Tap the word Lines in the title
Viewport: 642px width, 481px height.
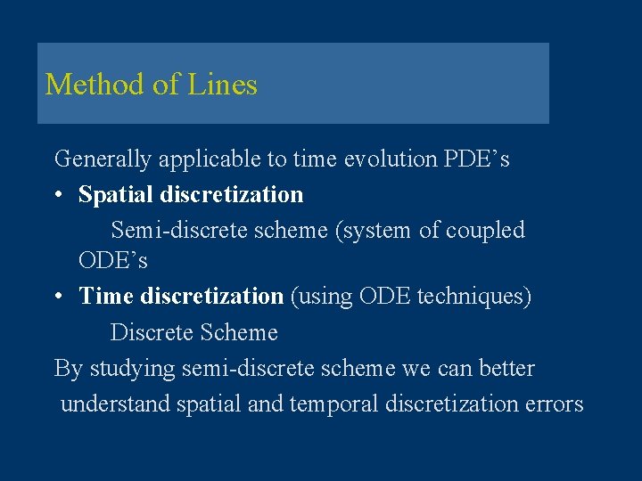pyautogui.click(x=222, y=85)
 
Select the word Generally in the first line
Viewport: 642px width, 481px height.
pyautogui.click(x=103, y=159)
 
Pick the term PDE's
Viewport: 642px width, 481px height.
pyautogui.click(x=476, y=159)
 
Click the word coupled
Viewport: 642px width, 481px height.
pyautogui.click(x=485, y=230)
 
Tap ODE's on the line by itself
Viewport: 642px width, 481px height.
pyautogui.click(x=113, y=261)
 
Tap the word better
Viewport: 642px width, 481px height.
pyautogui.click(x=506, y=368)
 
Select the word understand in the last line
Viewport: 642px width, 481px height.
pyautogui.click(x=115, y=404)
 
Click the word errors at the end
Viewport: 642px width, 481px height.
pyautogui.click(x=554, y=404)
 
